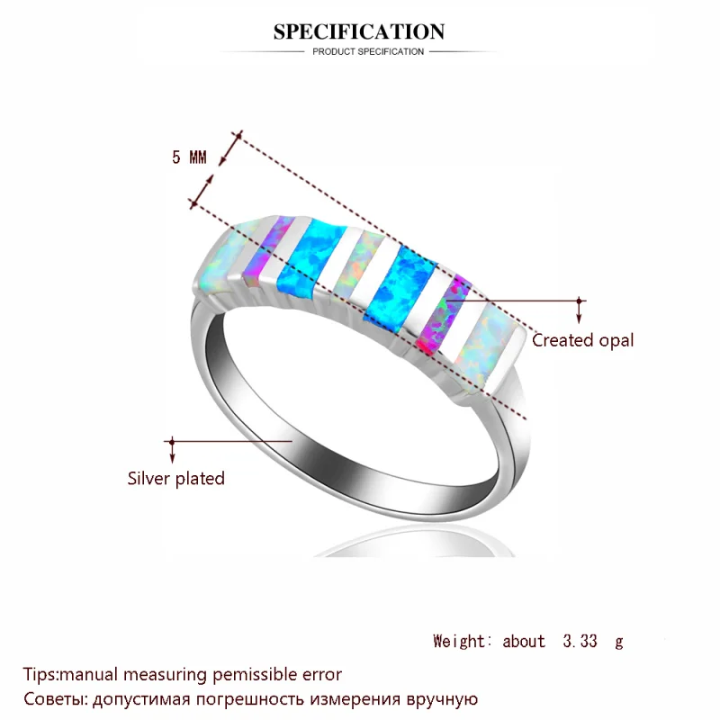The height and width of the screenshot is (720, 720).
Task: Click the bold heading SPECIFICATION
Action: click(x=359, y=31)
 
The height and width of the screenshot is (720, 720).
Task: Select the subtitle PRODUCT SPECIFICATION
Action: click(x=368, y=52)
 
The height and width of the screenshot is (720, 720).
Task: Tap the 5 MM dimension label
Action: click(x=189, y=157)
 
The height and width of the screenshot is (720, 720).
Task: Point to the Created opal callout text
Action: click(x=582, y=340)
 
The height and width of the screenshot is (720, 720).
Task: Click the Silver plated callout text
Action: click(x=175, y=479)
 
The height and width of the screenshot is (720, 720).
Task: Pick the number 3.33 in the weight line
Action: click(x=580, y=641)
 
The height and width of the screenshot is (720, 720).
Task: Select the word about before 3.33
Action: click(x=524, y=641)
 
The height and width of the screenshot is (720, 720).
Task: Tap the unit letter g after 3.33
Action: click(x=619, y=643)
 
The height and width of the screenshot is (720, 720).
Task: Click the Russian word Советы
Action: click(x=55, y=699)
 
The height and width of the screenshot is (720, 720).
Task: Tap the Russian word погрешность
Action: click(x=251, y=700)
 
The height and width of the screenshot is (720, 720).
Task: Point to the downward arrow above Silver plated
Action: click(x=172, y=450)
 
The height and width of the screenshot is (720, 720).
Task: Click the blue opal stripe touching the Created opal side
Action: click(x=400, y=285)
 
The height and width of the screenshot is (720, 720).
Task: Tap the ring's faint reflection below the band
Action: click(x=413, y=544)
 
